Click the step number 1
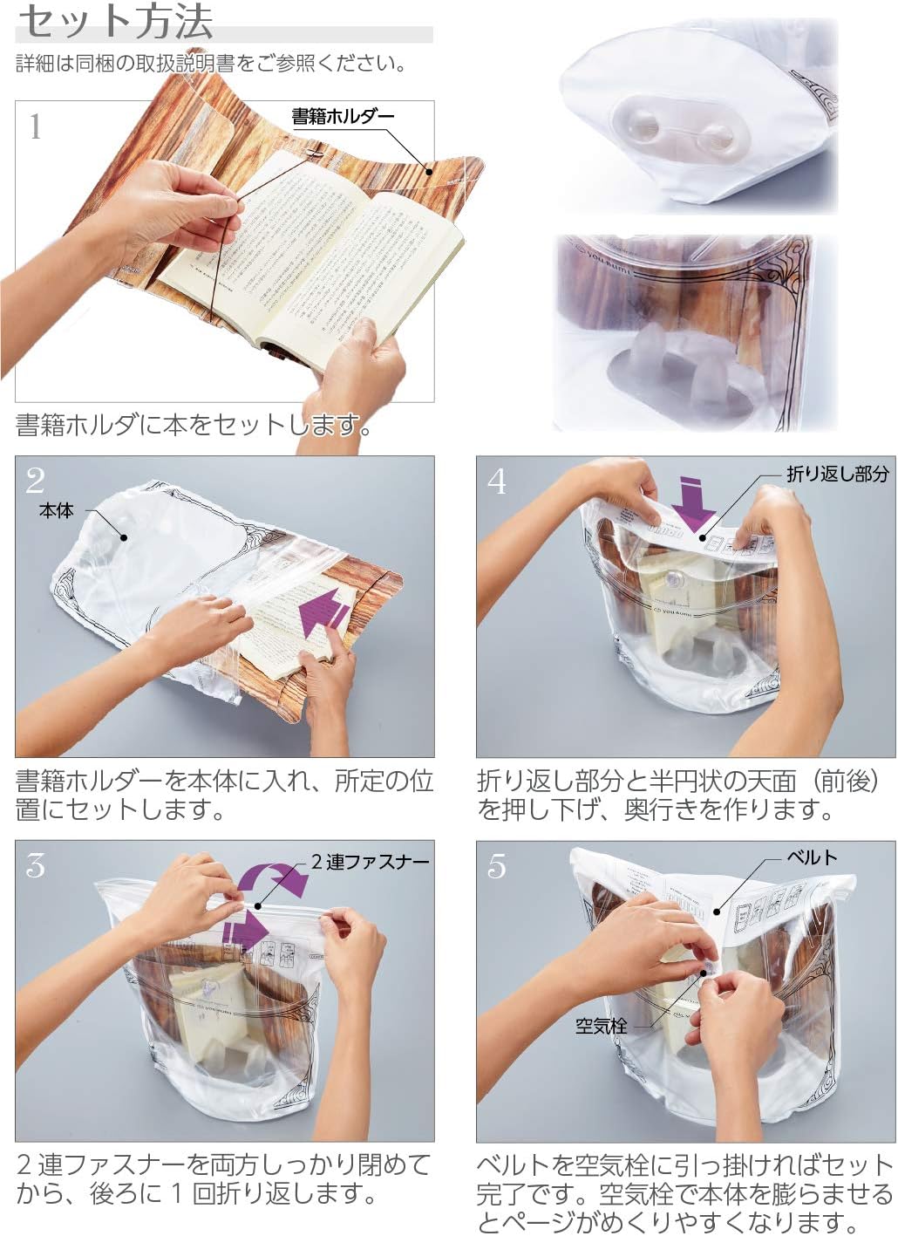pyautogui.click(x=35, y=127)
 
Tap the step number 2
pyautogui.click(x=35, y=481)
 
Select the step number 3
pyautogui.click(x=35, y=865)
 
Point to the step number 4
pyautogui.click(x=497, y=481)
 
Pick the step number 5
pyautogui.click(x=497, y=865)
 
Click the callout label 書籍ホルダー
pyautogui.click(x=343, y=116)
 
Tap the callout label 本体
pyautogui.click(x=57, y=511)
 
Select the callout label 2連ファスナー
pyautogui.click(x=370, y=862)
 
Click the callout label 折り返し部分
pyautogui.click(x=837, y=474)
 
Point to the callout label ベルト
pyautogui.click(x=811, y=857)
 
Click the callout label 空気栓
pyautogui.click(x=601, y=1026)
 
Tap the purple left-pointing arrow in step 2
pyautogui.click(x=323, y=613)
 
